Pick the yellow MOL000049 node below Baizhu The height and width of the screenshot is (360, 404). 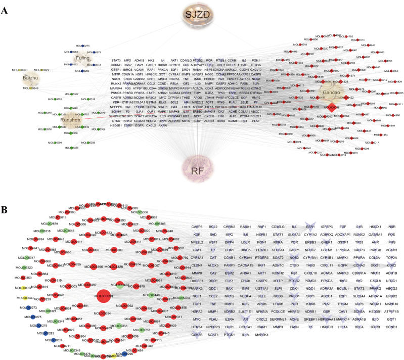30,88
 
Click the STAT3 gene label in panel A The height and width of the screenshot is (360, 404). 116,60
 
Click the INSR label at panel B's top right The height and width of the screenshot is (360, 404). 391,212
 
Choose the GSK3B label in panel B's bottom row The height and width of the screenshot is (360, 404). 197,348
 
